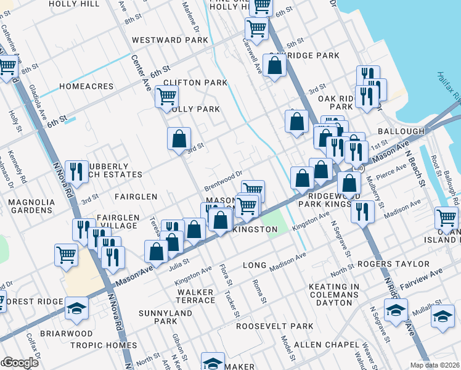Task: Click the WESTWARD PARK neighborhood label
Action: click(170, 40)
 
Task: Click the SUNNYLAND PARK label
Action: click(157, 317)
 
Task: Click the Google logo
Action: click(20, 363)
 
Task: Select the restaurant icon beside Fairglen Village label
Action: click(82, 228)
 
